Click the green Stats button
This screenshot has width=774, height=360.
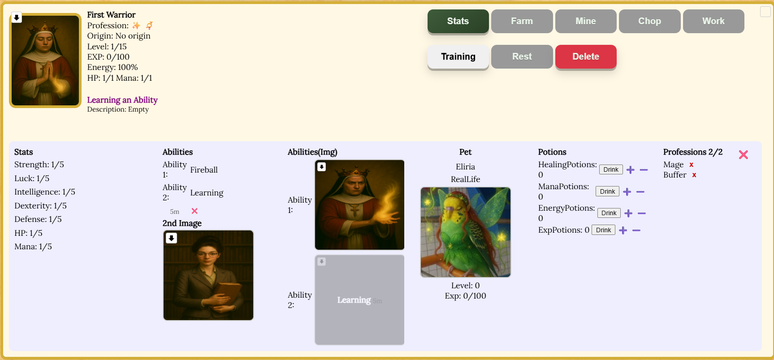coord(458,21)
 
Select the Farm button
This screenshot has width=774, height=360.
coord(522,21)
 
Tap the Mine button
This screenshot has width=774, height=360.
coord(586,21)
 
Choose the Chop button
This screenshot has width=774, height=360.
coord(649,21)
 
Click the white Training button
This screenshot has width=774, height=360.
coord(458,56)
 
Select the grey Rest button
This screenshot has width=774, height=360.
coord(522,56)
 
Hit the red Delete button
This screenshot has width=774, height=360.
coord(586,56)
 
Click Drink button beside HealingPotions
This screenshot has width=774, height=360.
coord(611,169)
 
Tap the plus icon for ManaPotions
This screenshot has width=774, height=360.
coord(627,192)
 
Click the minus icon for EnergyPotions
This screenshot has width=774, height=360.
coord(642,213)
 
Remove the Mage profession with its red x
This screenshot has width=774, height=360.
coord(692,165)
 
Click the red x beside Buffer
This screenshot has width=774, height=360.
coord(694,175)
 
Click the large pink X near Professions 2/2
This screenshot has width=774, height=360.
coord(744,155)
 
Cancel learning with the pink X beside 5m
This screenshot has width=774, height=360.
coord(195,211)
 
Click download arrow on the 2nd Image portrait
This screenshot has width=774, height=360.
coord(171,238)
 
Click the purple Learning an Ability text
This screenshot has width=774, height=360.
coord(122,100)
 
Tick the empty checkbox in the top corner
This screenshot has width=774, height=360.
coord(765,12)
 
